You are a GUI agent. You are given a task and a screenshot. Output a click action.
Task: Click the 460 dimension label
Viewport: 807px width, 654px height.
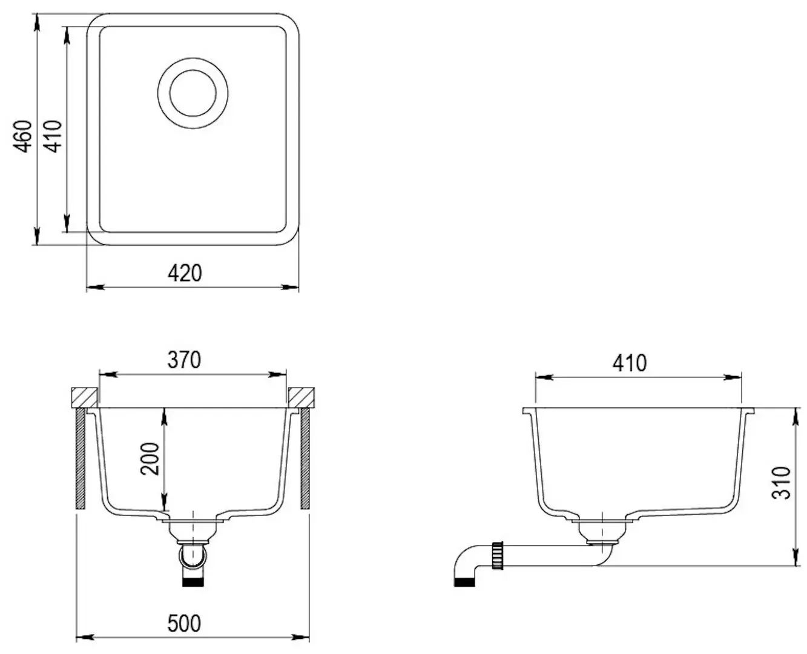[x=23, y=136]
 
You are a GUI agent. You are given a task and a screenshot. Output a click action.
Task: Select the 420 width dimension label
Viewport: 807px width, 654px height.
[x=185, y=273]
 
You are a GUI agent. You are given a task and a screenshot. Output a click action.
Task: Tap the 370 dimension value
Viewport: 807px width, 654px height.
[x=185, y=360]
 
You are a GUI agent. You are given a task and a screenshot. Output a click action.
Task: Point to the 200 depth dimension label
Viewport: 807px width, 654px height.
[x=150, y=459]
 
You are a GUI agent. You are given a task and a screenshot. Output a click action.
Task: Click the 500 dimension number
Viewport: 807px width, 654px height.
[x=184, y=623]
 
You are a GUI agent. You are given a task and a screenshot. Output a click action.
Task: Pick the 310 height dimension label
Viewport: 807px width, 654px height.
[x=781, y=483]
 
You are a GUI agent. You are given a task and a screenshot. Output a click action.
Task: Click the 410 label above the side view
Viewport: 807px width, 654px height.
[x=630, y=363]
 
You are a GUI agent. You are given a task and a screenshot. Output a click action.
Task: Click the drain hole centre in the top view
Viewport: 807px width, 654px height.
[x=193, y=93]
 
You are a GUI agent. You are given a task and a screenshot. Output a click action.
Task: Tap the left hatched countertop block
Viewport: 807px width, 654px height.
[x=85, y=397]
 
